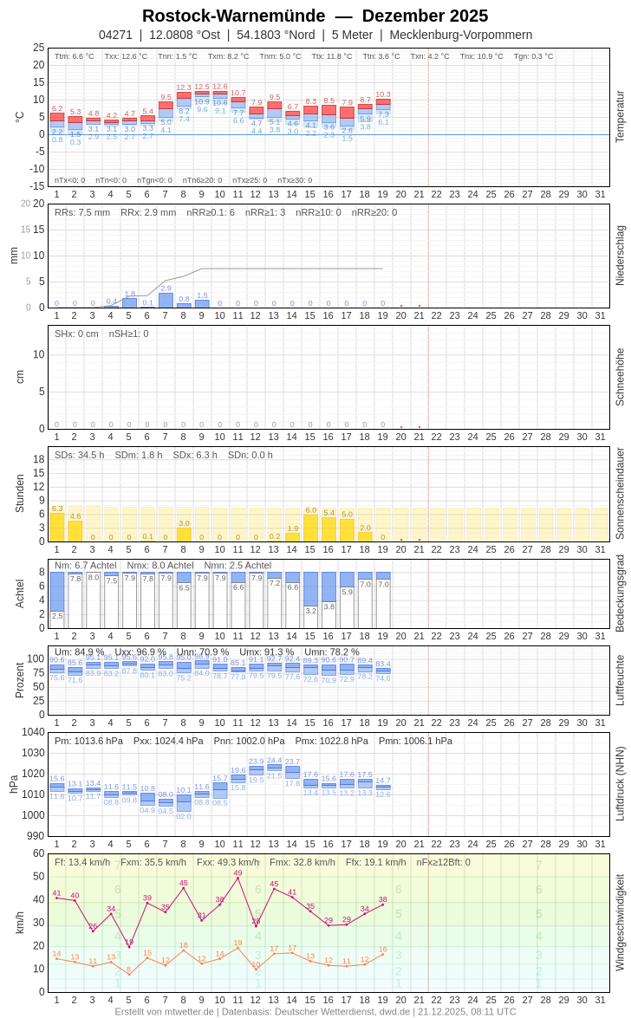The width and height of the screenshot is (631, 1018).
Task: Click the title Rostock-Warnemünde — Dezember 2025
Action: click(x=315, y=16)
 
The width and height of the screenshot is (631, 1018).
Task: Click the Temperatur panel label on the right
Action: click(x=620, y=117)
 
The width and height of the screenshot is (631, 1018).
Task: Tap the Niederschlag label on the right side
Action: click(x=620, y=256)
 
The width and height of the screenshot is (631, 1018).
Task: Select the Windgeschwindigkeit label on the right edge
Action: click(x=620, y=922)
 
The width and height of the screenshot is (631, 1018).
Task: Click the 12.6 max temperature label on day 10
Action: click(x=219, y=87)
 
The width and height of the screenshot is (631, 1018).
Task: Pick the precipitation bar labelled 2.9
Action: click(x=166, y=300)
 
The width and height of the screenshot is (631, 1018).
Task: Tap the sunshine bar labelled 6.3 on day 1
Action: click(x=57, y=527)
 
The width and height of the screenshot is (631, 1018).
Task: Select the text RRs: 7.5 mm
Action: click(x=82, y=212)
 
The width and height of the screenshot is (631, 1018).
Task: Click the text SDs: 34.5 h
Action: click(x=80, y=455)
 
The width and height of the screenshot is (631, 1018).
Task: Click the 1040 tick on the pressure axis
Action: click(x=33, y=732)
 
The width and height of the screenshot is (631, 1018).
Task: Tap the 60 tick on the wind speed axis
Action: click(x=38, y=853)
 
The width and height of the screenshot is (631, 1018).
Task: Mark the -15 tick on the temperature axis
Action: click(x=35, y=185)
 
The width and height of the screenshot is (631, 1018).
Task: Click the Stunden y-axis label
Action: click(x=19, y=493)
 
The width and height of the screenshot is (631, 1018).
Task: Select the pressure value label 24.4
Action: click(x=274, y=760)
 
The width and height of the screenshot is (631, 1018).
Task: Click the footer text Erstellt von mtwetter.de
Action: click(x=165, y=1011)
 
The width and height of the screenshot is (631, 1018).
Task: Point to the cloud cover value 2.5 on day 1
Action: click(x=57, y=616)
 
